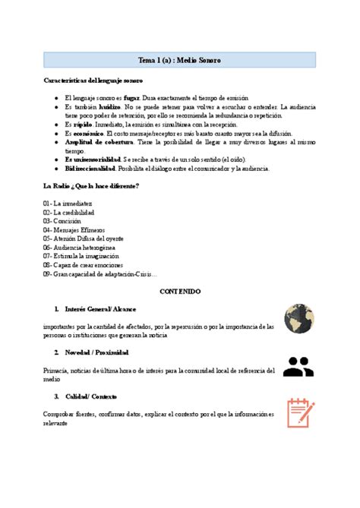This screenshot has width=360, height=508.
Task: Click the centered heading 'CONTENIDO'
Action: pos(179,291)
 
